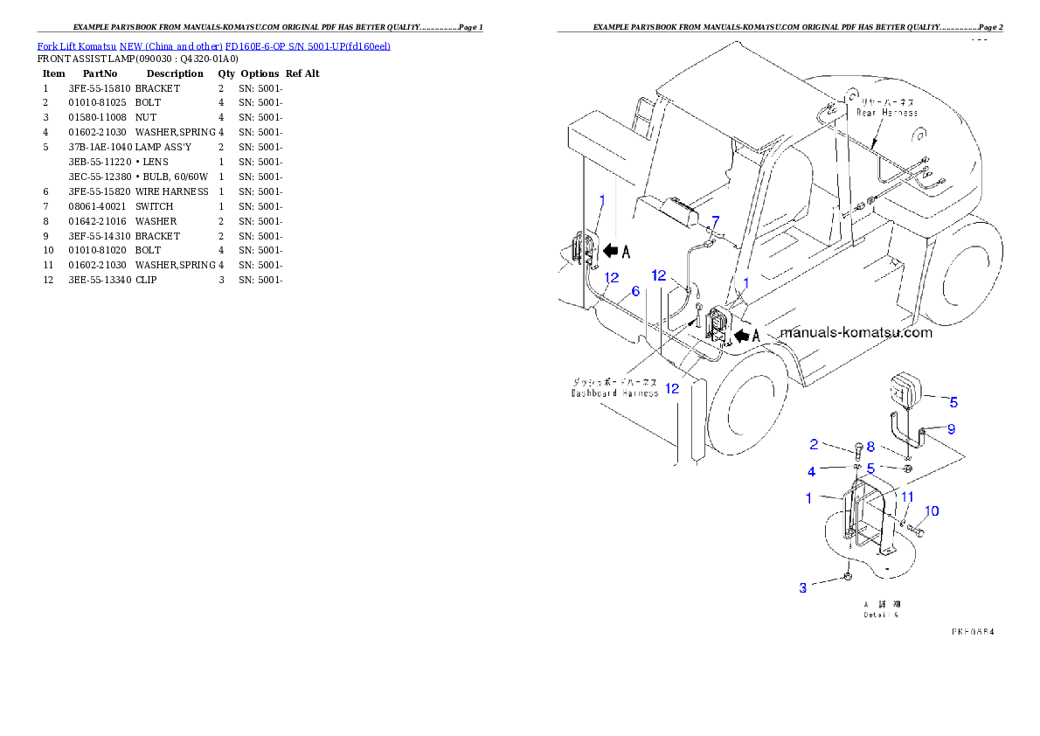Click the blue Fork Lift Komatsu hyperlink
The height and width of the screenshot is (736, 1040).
pyautogui.click(x=213, y=45)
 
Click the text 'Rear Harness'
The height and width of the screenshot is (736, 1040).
pyautogui.click(x=887, y=113)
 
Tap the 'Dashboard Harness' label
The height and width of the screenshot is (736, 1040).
pyautogui.click(x=614, y=393)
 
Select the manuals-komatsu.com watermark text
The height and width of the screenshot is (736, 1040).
pyautogui.click(x=856, y=332)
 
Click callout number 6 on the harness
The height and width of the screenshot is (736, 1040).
pyautogui.click(x=635, y=290)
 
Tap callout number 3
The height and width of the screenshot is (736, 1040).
pyautogui.click(x=803, y=588)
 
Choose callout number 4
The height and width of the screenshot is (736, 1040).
pyautogui.click(x=811, y=471)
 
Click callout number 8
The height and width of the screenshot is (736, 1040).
pyautogui.click(x=870, y=447)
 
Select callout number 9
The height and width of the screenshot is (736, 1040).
pyautogui.click(x=952, y=428)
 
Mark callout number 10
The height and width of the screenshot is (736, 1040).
pyautogui.click(x=933, y=510)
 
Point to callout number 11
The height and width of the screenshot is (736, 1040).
pyautogui.click(x=907, y=496)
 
